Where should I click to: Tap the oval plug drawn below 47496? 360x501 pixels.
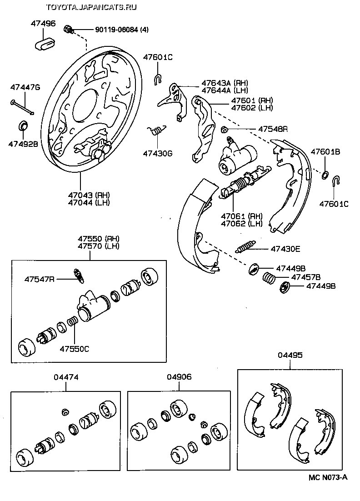44,44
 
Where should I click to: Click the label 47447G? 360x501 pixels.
25,87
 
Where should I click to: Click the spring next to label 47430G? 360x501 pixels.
157,131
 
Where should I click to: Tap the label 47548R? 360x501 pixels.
273,129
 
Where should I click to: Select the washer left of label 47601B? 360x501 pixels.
325,175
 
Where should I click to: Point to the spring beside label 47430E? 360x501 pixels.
246,247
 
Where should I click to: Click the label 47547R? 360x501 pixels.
40,278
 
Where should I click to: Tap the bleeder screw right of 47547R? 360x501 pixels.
79,275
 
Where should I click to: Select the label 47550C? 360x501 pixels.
74,349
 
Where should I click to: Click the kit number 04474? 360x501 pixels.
66,376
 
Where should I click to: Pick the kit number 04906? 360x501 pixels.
179,376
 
